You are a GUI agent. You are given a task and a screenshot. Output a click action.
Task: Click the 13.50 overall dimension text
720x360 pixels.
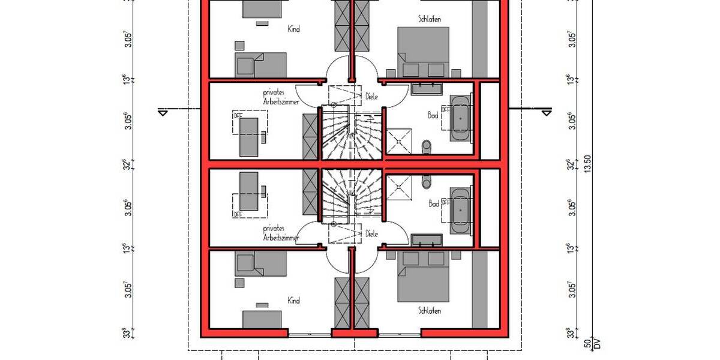pyautogui.click(x=588, y=164)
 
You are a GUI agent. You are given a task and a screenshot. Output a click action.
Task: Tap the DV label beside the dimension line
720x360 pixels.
pyautogui.click(x=597, y=343)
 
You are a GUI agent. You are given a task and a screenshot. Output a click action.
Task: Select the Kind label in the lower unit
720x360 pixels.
pyautogui.click(x=293, y=301)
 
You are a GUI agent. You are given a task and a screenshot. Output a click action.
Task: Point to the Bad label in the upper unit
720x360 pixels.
pyautogui.click(x=432, y=114)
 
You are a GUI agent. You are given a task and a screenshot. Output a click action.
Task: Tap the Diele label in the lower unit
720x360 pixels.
pyautogui.click(x=371, y=234)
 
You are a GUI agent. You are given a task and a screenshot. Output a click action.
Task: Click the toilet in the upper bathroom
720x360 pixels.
pyautogui.click(x=427, y=145)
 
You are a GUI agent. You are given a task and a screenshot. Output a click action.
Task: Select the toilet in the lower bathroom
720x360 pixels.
pyautogui.click(x=427, y=181)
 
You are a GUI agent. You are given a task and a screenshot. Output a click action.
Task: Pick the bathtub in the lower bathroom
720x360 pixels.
pyautogui.click(x=461, y=211)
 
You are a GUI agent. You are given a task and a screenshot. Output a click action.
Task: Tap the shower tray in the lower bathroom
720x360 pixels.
pyautogui.click(x=398, y=188)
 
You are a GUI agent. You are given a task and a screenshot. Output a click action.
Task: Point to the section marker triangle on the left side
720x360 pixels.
pyautogui.click(x=162, y=112)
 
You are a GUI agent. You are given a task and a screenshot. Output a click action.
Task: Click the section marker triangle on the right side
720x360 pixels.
pyautogui.click(x=545, y=112)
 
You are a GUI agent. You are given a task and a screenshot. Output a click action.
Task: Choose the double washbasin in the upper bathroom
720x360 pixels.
pyautogui.click(x=427, y=89)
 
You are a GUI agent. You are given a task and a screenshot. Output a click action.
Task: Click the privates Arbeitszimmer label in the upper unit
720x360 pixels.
pyautogui.click(x=281, y=97)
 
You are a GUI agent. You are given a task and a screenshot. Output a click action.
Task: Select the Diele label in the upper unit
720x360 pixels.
pyautogui.click(x=371, y=96)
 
